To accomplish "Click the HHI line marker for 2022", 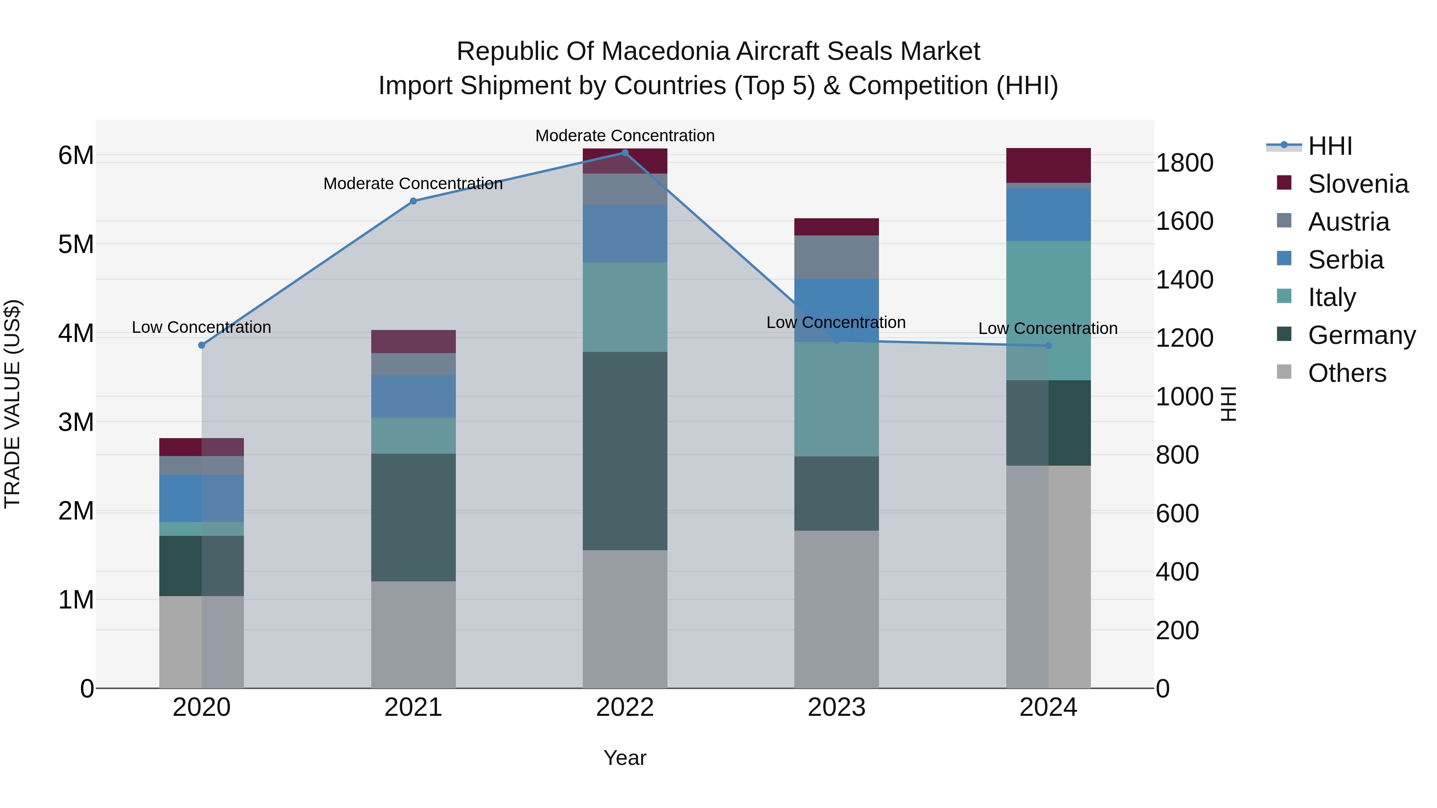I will pyautogui.click(x=625, y=153).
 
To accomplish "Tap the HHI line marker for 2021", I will pyautogui.click(x=414, y=202).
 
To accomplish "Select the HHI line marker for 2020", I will pyautogui.click(x=202, y=345).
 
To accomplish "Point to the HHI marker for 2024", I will pyautogui.click(x=1048, y=346).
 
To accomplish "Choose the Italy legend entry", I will pyautogui.click(x=1332, y=297).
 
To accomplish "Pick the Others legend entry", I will pyautogui.click(x=1347, y=373).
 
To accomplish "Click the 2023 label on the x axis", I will pyautogui.click(x=836, y=707).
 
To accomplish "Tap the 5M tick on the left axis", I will pyautogui.click(x=76, y=244).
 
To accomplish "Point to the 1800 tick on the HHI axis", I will pyautogui.click(x=1184, y=163).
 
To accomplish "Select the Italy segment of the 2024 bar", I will pyautogui.click(x=1048, y=310).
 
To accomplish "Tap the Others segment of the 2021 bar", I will pyautogui.click(x=414, y=634).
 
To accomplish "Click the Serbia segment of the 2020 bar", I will pyautogui.click(x=202, y=498).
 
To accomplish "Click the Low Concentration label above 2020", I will pyautogui.click(x=202, y=327).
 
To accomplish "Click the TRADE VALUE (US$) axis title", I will pyautogui.click(x=12, y=404).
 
